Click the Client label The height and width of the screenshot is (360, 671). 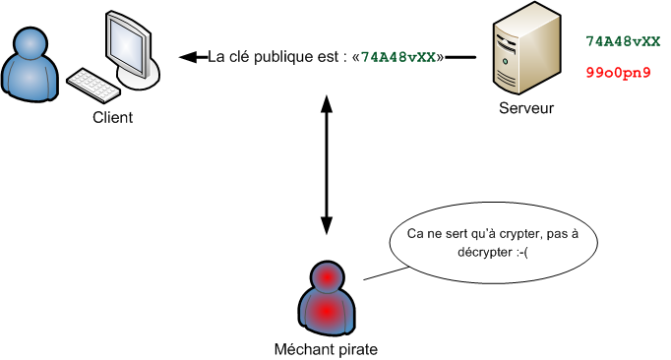click(x=112, y=118)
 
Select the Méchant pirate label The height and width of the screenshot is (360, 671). click(x=324, y=348)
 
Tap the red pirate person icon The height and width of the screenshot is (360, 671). click(x=325, y=298)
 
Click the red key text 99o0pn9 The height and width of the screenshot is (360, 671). click(x=618, y=73)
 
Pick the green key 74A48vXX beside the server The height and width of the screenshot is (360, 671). click(x=622, y=41)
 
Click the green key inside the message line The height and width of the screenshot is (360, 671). click(x=399, y=57)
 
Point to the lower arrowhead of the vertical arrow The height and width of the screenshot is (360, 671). click(x=325, y=231)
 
